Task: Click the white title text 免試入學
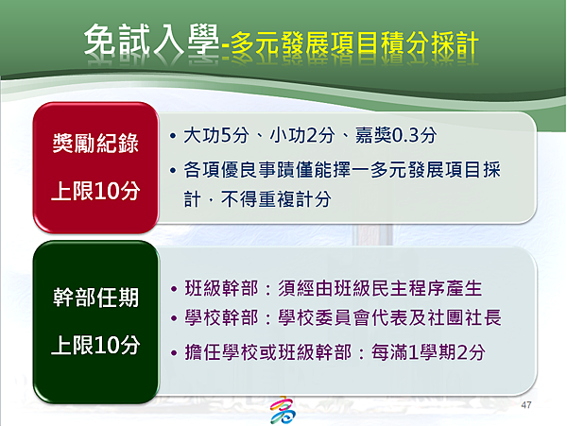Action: pyautogui.click(x=151, y=41)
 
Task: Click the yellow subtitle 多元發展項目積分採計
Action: pyautogui.click(x=354, y=45)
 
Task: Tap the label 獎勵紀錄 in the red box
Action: pyautogui.click(x=95, y=143)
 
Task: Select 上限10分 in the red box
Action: pyautogui.click(x=95, y=191)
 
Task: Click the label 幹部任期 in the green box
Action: pyautogui.click(x=95, y=298)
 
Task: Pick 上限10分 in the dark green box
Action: pyautogui.click(x=95, y=345)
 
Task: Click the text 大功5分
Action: pyautogui.click(x=216, y=135)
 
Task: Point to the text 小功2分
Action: pyautogui.click(x=302, y=135)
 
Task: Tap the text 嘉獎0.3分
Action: pyautogui.click(x=396, y=135)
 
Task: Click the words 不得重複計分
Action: pyautogui.click(x=276, y=199)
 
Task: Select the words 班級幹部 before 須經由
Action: pyautogui.click(x=222, y=288)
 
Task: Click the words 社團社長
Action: pyautogui.click(x=465, y=317)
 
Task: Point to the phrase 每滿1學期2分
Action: pyautogui.click(x=428, y=352)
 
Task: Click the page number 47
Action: pyautogui.click(x=526, y=405)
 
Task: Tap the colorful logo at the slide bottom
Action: pyautogui.click(x=283, y=410)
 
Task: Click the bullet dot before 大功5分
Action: pyautogui.click(x=173, y=136)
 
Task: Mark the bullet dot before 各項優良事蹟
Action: pyautogui.click(x=173, y=170)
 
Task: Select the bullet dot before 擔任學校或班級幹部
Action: pyautogui.click(x=174, y=352)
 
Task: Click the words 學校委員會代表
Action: pyautogui.click(x=334, y=317)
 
